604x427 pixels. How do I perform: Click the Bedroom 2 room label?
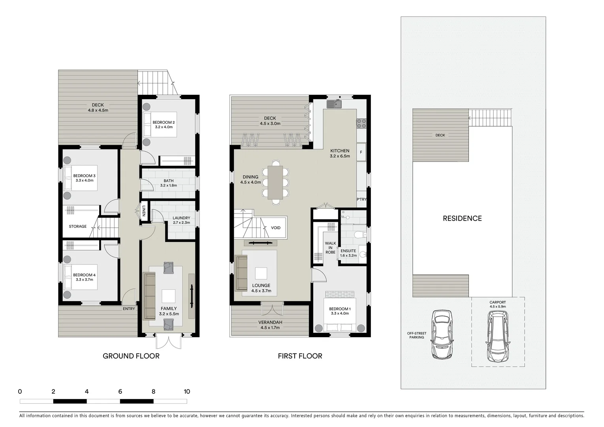point(164,123)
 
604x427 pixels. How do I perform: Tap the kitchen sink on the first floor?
point(334,104)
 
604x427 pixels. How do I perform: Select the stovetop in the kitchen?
point(361,123)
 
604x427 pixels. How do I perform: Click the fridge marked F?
point(361,152)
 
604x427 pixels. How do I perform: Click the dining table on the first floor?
point(275,182)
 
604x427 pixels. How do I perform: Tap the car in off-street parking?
point(442,334)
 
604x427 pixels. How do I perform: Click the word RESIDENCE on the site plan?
point(462,218)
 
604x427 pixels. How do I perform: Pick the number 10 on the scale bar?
point(187,391)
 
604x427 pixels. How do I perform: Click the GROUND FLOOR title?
point(131,356)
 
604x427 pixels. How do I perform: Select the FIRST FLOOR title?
point(300,356)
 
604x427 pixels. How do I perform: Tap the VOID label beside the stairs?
point(276,228)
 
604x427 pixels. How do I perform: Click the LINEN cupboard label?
point(144,212)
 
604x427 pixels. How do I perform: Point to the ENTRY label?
point(129,309)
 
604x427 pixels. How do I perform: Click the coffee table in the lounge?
point(261,273)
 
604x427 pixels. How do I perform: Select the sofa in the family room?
point(149,296)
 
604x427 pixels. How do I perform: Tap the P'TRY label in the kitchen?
point(361,199)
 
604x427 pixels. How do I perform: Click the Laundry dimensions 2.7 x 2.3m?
point(181,223)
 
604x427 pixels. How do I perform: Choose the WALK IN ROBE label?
point(330,248)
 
